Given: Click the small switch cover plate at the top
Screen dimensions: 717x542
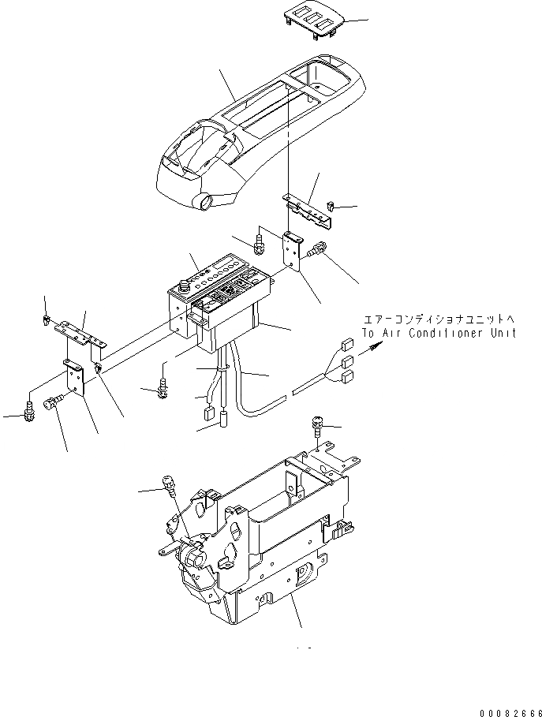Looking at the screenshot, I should coord(312,21).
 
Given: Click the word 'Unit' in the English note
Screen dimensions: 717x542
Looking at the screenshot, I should coord(502,333).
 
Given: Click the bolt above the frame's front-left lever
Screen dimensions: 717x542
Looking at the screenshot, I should coord(168,484).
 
